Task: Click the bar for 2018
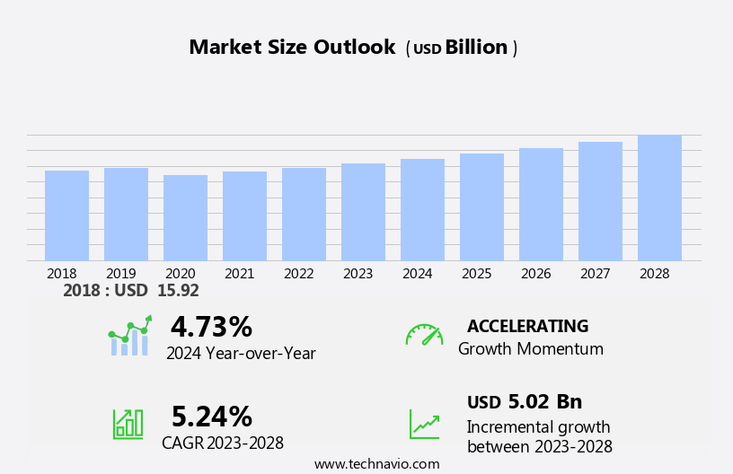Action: point(66,215)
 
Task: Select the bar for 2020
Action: point(185,218)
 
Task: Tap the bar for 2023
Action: point(363,212)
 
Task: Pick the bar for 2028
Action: point(659,197)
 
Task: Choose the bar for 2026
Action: point(541,205)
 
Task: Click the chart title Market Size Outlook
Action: point(292,48)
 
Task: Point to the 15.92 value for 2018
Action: point(178,291)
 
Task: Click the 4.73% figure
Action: point(211,327)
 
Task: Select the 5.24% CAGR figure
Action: point(212,417)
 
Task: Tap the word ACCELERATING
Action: point(527,326)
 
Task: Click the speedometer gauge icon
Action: point(424,335)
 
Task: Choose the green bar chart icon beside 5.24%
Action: point(128,423)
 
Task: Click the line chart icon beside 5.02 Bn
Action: point(424,424)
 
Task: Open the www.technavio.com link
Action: point(376,464)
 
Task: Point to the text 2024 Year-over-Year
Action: point(241,354)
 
